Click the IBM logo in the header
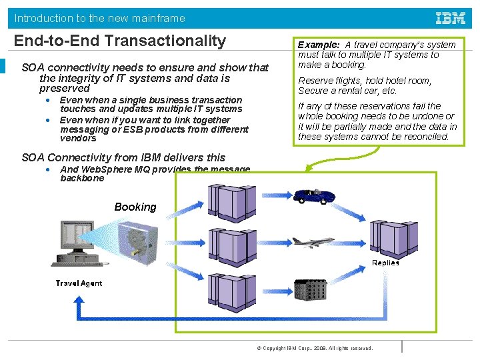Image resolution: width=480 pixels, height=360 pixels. coord(450,18)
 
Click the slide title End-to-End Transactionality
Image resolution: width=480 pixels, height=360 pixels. coord(120,41)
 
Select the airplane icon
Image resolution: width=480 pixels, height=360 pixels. coord(313,241)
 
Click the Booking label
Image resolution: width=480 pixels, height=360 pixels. coord(135,207)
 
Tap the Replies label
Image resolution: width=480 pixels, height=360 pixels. coord(385,263)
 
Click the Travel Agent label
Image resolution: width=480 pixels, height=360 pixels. coord(79,283)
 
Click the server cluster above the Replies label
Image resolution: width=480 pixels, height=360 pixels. coord(394,237)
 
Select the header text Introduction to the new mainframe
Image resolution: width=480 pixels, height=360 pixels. coord(100,18)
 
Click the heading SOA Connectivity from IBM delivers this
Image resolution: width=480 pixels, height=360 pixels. coord(123,158)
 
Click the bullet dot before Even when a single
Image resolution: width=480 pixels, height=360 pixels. coord(49,100)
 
